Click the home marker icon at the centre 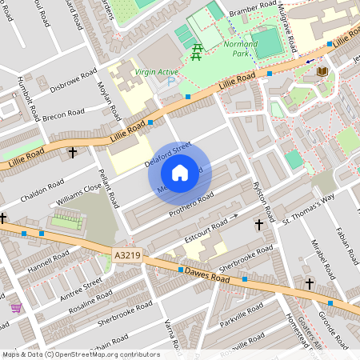point(180,173)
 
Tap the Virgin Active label point(158,72)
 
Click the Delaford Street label point(168,152)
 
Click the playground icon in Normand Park point(196,53)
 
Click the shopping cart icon point(16,307)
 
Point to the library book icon point(322,71)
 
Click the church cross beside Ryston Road point(258,225)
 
